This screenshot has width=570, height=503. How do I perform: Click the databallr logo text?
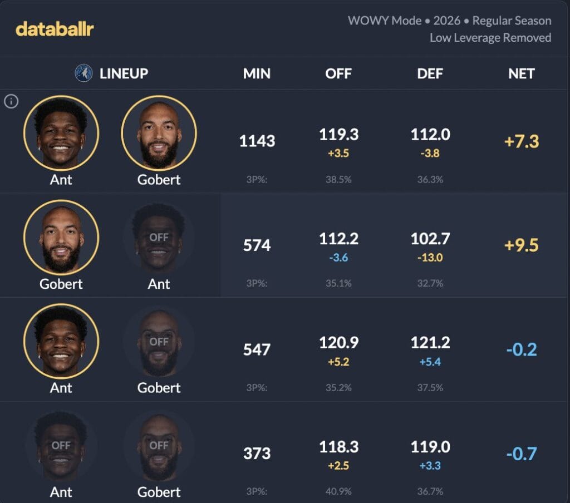tap(55, 29)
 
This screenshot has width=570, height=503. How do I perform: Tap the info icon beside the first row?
tap(11, 101)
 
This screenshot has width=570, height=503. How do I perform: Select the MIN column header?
tap(257, 73)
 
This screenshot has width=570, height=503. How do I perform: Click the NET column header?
tap(521, 73)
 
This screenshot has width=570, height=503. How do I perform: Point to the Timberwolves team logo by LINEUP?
tap(83, 73)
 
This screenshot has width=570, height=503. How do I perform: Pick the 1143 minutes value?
tap(257, 141)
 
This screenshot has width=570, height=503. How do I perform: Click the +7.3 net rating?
tap(521, 141)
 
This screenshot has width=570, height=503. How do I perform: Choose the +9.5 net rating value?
tap(521, 245)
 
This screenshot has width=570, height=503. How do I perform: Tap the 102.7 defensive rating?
tap(430, 239)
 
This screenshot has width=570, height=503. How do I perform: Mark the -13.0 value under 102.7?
tap(430, 257)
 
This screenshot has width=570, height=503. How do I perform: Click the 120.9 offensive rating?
tap(338, 343)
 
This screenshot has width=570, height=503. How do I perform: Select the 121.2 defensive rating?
tap(430, 343)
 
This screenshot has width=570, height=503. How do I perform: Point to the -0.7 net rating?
tap(521, 453)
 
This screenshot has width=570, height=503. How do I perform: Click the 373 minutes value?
tap(257, 453)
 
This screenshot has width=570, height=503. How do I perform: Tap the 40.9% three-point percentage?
tap(338, 491)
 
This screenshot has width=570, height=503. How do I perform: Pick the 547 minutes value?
tap(257, 349)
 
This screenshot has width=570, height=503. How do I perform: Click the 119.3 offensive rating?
tap(338, 135)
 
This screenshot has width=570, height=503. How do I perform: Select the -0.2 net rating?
tap(521, 349)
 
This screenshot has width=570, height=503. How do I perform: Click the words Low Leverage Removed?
tap(490, 38)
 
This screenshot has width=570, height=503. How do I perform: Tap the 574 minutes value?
tap(257, 245)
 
